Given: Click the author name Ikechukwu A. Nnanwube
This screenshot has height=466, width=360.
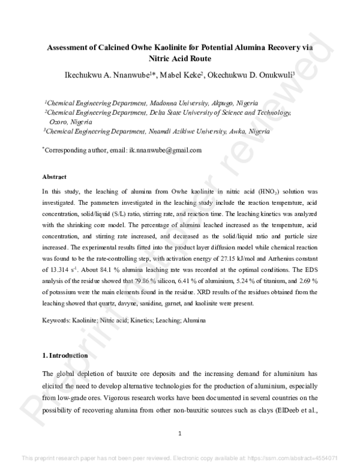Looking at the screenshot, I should point(104,74).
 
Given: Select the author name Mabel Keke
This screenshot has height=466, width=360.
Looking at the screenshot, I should point(181,74).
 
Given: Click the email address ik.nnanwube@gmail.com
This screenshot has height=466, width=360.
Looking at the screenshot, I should point(165,150).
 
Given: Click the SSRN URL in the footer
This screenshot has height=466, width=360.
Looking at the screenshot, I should point(300,458).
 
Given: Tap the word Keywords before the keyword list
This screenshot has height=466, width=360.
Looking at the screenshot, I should point(58,321).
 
